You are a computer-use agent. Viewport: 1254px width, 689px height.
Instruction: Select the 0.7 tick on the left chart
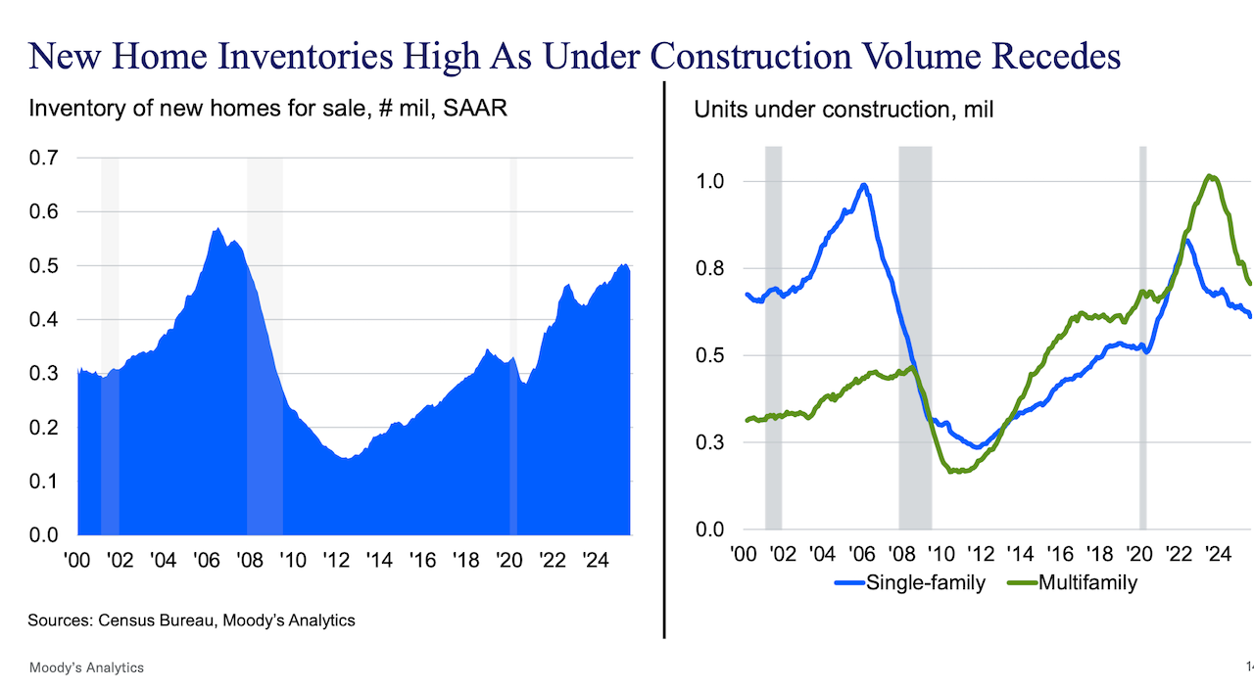tap(44, 158)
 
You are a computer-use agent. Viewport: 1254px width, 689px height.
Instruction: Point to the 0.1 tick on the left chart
tap(44, 482)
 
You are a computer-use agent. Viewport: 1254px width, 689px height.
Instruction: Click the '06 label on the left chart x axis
tap(207, 561)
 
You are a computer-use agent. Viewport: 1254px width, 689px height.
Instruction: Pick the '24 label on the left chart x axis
tap(596, 561)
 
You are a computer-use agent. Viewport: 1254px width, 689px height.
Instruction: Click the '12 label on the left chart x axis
tap(336, 561)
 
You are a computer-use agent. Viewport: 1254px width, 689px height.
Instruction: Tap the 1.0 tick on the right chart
tap(710, 182)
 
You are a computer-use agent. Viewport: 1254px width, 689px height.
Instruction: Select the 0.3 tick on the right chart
tap(710, 442)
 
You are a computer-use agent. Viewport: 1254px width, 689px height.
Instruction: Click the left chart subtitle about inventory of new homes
tap(267, 109)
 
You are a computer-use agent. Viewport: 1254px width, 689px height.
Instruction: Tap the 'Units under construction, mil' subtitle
tap(844, 109)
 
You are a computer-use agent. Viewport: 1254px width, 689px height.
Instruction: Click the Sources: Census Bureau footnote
tap(191, 620)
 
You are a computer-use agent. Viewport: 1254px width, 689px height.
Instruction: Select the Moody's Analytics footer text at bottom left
tap(86, 667)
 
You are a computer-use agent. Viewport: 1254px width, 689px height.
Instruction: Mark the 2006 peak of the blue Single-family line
tap(863, 185)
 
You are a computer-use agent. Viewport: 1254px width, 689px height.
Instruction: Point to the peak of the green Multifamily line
tap(1212, 176)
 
